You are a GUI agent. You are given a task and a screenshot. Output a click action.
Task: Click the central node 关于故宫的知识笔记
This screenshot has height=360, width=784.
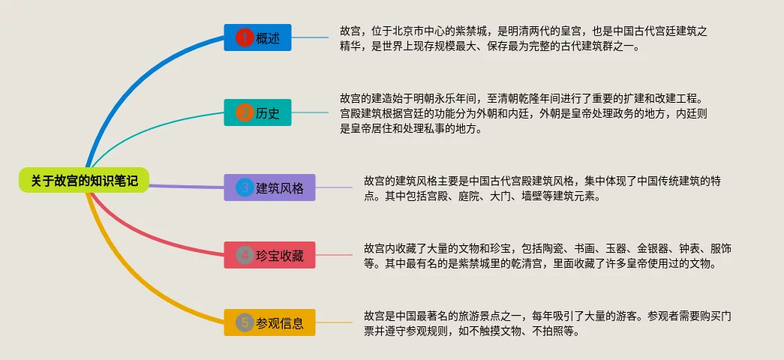point(84,180)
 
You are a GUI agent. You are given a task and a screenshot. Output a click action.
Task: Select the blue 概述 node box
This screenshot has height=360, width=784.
point(257,37)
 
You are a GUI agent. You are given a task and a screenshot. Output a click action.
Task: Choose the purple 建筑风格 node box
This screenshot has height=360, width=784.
point(269,187)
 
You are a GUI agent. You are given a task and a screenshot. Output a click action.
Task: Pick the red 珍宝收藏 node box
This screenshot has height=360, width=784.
point(269,255)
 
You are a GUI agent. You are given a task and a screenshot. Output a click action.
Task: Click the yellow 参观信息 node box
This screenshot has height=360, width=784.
point(269,322)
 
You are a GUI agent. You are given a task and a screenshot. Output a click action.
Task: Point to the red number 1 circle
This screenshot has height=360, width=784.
point(245,37)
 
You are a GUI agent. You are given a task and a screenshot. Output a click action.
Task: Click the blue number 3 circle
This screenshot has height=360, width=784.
point(245,187)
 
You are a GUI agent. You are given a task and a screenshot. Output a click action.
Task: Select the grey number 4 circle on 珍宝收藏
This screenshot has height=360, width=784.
point(245,255)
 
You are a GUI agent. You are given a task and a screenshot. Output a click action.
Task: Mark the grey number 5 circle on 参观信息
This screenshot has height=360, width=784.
point(245,322)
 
